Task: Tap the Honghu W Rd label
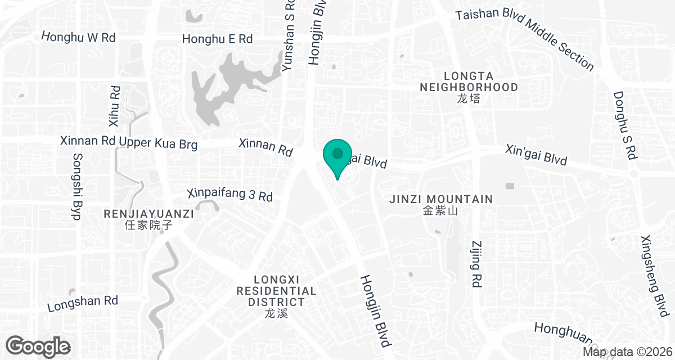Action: point(79,38)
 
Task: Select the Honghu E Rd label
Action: point(217,39)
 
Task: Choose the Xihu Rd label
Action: point(114,106)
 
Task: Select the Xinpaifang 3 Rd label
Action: point(230,195)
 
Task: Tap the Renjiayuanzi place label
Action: point(148,219)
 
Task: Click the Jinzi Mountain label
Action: point(441,204)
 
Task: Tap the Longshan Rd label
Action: point(83,304)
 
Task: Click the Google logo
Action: point(38,345)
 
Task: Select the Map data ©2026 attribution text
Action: point(627,352)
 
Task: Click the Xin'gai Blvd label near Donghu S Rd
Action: point(535,155)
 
